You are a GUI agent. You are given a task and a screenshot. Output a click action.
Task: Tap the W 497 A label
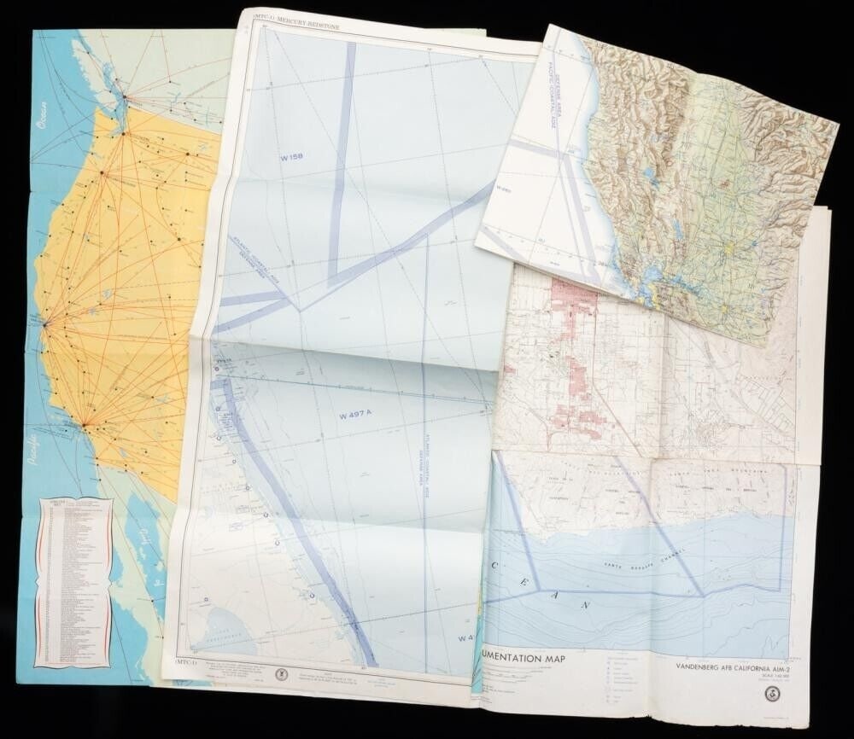357,417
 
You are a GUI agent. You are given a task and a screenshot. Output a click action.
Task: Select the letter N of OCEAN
589,603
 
